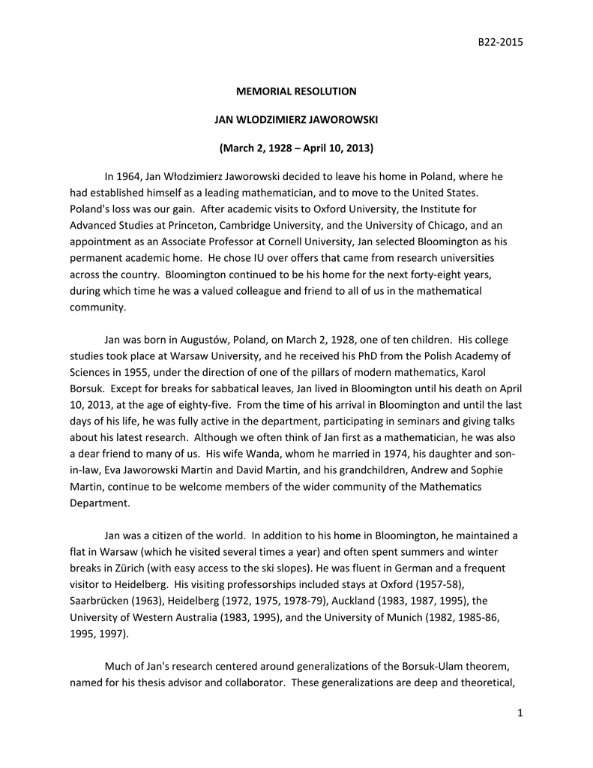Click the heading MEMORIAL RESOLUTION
click(296, 91)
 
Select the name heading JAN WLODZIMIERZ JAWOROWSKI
click(296, 119)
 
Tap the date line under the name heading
click(296, 148)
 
